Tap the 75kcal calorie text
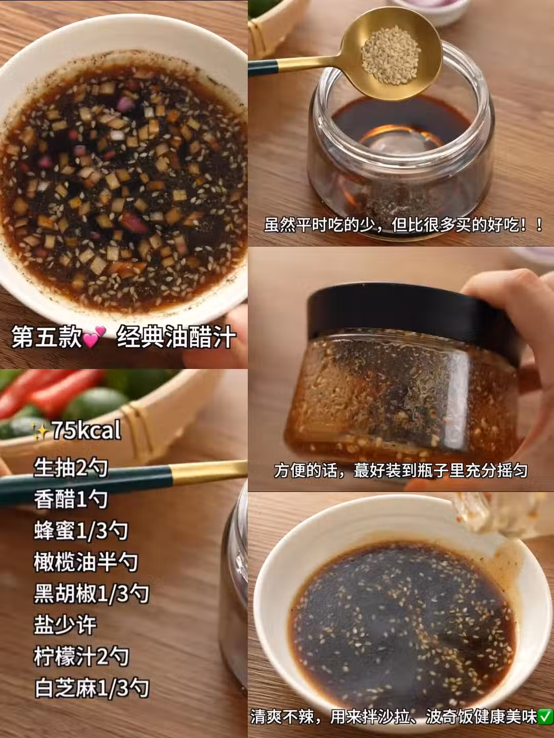(86, 430)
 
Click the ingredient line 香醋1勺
(71, 499)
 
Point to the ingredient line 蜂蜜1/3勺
(81, 531)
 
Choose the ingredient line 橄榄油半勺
(86, 562)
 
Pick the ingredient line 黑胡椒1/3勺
(91, 593)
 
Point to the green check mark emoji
(546, 717)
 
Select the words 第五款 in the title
(46, 337)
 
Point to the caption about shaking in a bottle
(401, 470)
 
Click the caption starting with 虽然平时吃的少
(403, 225)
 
